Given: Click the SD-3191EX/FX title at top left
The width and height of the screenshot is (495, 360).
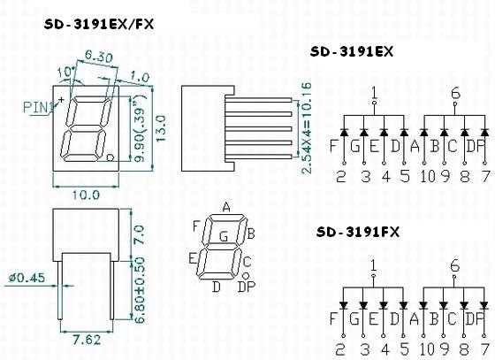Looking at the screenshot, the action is (x=99, y=24).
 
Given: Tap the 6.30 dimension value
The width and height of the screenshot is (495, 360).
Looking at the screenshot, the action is (x=98, y=57).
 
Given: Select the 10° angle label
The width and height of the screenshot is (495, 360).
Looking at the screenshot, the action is (x=66, y=72).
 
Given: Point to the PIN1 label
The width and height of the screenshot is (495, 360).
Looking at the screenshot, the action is (x=39, y=107).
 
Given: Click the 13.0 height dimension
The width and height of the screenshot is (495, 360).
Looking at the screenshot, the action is (x=160, y=128).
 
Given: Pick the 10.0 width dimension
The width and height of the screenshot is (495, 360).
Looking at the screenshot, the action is (x=86, y=195).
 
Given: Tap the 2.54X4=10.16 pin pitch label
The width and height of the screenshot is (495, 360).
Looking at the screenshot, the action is (x=307, y=128).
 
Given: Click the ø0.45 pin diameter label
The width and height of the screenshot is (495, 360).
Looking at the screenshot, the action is (x=27, y=278).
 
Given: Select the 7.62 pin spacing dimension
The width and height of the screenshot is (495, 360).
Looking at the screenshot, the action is (x=87, y=340).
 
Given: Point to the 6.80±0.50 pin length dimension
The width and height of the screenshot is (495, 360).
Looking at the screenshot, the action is (x=140, y=290).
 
